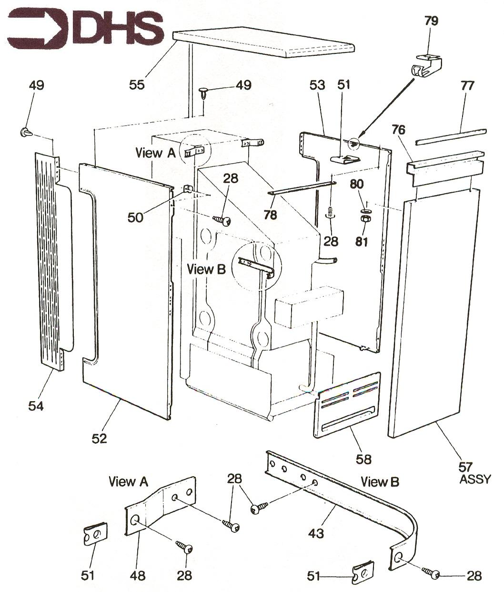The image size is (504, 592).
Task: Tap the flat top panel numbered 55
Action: pyautogui.click(x=265, y=43)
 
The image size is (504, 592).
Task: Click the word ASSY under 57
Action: pyautogui.click(x=474, y=479)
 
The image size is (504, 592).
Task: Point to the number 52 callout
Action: pyautogui.click(x=100, y=437)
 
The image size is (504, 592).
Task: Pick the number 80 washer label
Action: pyautogui.click(x=361, y=183)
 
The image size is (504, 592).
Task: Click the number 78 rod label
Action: pyautogui.click(x=270, y=215)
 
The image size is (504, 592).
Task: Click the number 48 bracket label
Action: pyautogui.click(x=138, y=576)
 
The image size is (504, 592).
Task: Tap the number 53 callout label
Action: pyautogui.click(x=317, y=85)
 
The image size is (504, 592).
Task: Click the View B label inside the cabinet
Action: pyautogui.click(x=206, y=269)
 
